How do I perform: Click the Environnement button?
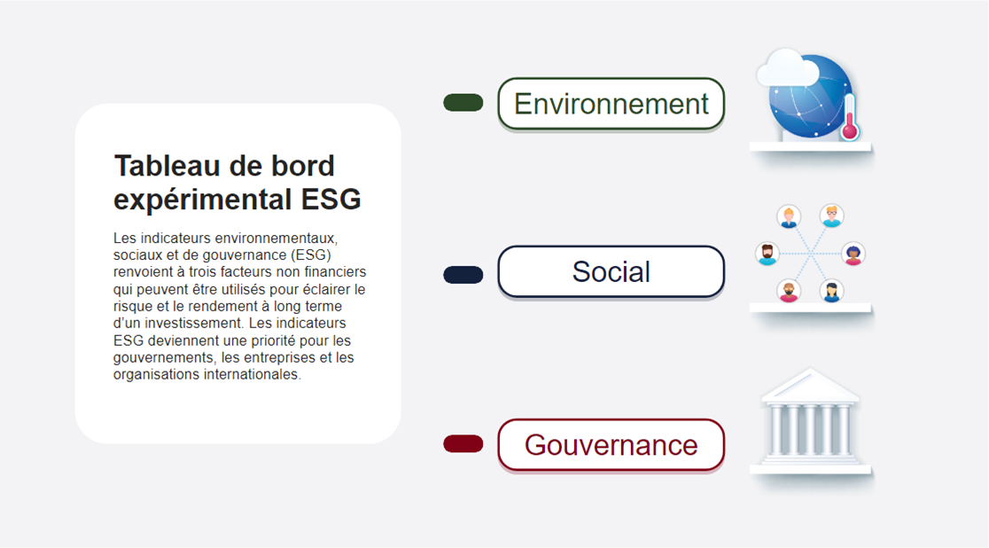(611, 104)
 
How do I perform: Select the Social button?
(611, 271)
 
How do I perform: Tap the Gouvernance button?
(611, 444)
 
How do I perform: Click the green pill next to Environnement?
(463, 102)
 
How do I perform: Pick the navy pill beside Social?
(463, 275)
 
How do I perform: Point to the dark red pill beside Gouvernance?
(463, 444)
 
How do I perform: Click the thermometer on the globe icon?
(850, 117)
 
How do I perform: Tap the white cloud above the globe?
(787, 67)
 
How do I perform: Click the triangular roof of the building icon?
(811, 385)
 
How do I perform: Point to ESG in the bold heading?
(331, 199)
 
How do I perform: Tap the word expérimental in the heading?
(202, 200)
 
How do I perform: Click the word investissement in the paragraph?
(192, 324)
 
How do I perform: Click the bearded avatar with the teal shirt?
(767, 254)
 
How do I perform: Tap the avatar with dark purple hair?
(853, 254)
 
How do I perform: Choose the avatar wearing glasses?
(832, 215)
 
